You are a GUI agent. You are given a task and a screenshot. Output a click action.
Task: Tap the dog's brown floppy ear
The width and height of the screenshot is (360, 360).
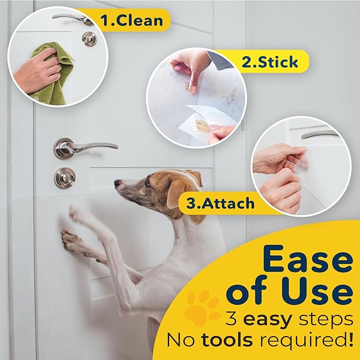(178, 194)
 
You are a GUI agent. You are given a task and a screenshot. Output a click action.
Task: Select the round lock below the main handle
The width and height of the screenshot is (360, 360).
(65, 178)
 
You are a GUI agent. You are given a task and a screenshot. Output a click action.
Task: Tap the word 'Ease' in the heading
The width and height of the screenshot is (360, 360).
(308, 260)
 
